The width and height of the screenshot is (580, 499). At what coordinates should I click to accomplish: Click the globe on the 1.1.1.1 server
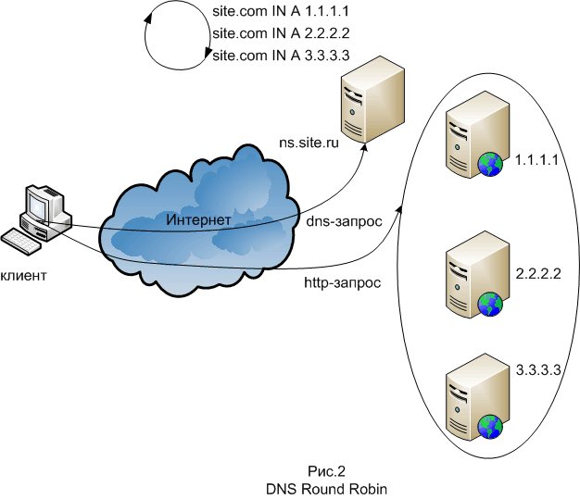pos(489,165)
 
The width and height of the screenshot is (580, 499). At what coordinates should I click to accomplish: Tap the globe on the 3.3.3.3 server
pos(489,425)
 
